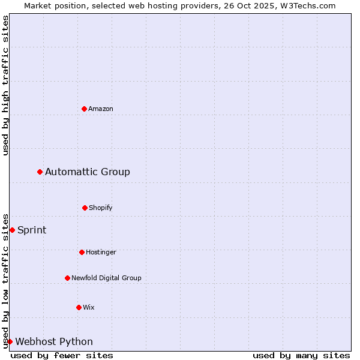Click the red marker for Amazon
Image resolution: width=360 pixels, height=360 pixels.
pyautogui.click(x=85, y=109)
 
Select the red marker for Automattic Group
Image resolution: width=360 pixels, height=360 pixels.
pyautogui.click(x=40, y=172)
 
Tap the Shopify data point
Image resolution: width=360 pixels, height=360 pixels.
pyautogui.click(x=85, y=208)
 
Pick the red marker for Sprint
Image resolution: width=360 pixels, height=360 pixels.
pyautogui.click(x=12, y=230)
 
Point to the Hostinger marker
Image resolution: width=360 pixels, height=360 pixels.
pyautogui.click(x=82, y=252)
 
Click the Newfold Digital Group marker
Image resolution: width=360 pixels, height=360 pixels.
pyautogui.click(x=67, y=278)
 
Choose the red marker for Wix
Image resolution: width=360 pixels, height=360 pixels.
pyautogui.click(x=79, y=307)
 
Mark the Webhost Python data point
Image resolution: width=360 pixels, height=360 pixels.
pyautogui.click(x=10, y=341)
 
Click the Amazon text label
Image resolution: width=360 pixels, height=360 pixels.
pyautogui.click(x=101, y=109)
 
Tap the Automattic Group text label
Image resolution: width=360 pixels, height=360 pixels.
pyautogui.click(x=88, y=172)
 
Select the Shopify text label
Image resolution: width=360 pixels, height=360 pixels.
pyautogui.click(x=101, y=208)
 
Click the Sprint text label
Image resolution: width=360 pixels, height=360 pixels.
pyautogui.click(x=32, y=230)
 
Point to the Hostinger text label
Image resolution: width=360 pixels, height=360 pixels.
pyautogui.click(x=101, y=252)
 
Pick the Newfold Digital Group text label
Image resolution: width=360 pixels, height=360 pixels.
pyautogui.click(x=106, y=278)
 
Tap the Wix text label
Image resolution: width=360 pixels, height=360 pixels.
pyautogui.click(x=89, y=307)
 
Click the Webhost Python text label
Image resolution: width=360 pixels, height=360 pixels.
pyautogui.click(x=54, y=342)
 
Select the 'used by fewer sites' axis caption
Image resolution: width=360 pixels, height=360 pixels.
pyautogui.click(x=62, y=355)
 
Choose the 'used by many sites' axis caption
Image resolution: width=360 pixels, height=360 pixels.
pyautogui.click(x=301, y=355)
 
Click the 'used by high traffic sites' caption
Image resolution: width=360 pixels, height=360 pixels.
pyautogui.click(x=6, y=85)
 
